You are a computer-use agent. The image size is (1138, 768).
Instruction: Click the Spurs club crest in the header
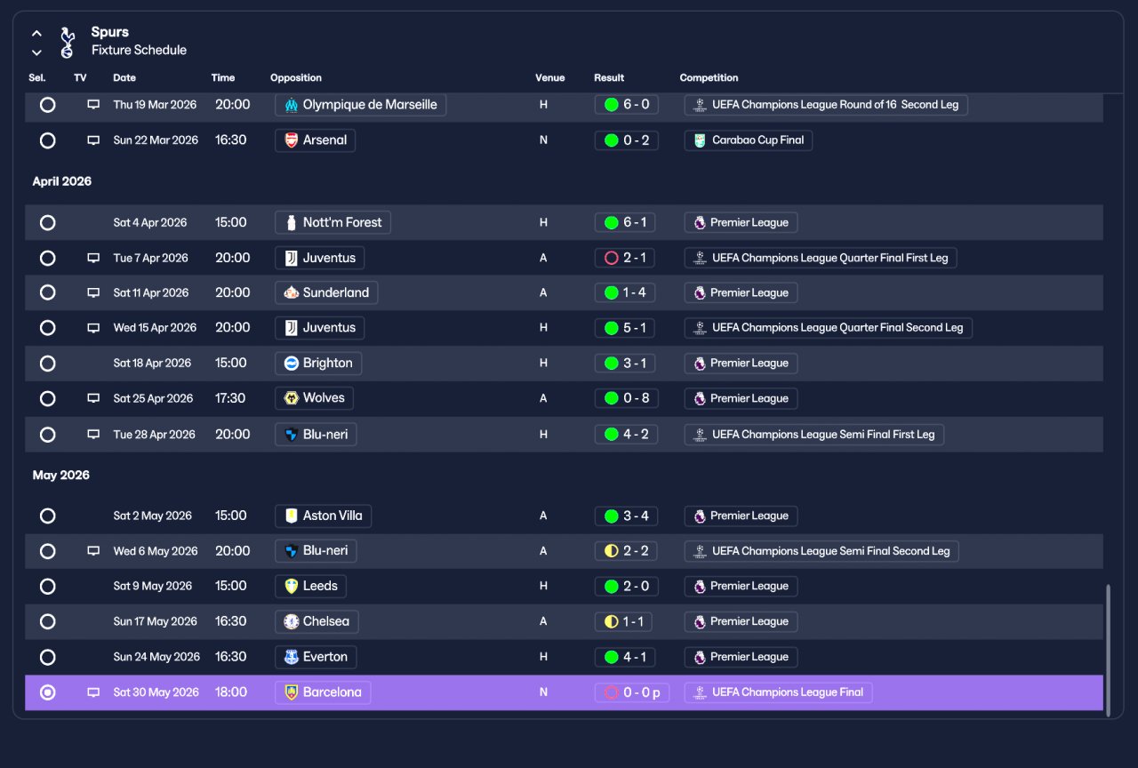[x=67, y=42]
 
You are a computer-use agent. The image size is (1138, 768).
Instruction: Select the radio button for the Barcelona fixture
[x=48, y=692]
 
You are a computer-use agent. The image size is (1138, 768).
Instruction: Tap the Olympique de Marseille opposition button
[x=360, y=105]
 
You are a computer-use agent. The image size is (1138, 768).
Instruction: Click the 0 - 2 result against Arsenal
[x=627, y=140]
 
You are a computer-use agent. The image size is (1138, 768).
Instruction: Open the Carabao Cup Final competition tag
[x=748, y=140]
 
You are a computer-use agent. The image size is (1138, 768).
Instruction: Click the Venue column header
[x=549, y=77]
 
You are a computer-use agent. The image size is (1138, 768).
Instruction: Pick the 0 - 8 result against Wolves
[x=627, y=398]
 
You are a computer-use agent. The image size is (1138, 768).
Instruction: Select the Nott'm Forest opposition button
[x=333, y=222]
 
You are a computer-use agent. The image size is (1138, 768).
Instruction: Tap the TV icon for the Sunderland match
[x=93, y=292]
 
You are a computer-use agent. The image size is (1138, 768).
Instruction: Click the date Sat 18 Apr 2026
[x=152, y=364]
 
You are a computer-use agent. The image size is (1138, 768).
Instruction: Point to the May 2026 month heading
[x=61, y=475]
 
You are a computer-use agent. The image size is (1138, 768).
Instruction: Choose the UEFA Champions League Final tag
[x=778, y=692]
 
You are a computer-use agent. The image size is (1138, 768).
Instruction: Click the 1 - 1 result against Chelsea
[x=623, y=621]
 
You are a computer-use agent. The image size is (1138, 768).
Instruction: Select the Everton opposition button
[x=316, y=657]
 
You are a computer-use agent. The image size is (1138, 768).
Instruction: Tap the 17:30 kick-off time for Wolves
[x=230, y=398]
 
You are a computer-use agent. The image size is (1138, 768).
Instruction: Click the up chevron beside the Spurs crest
[x=36, y=34]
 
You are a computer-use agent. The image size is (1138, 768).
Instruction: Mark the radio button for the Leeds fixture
[x=48, y=586]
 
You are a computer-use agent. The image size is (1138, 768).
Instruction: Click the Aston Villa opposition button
[x=323, y=516]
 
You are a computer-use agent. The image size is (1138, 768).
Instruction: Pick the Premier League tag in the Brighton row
[x=741, y=364]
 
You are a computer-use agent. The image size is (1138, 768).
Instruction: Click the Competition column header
[x=709, y=77]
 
